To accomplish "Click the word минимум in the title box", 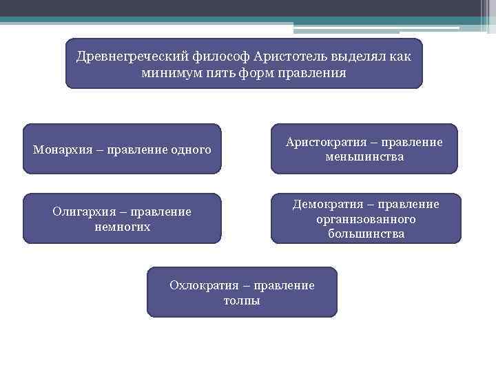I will tap(168, 72).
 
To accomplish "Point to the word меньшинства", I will tap(365, 157).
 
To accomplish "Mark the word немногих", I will tap(122, 227).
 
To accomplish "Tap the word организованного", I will tap(366, 219).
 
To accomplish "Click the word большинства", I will tap(366, 234).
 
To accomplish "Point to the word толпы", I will tap(242, 301).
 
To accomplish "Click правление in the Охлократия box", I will tap(284, 285).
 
